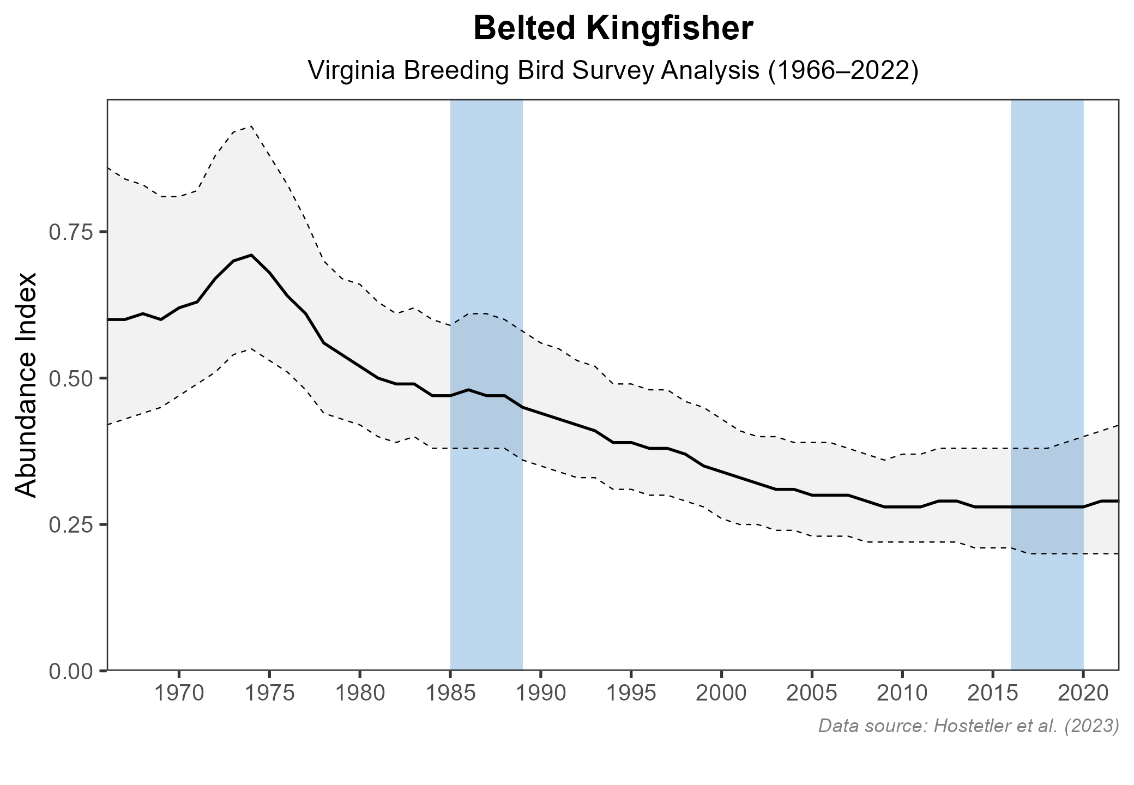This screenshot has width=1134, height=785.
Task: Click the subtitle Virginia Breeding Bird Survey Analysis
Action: pyautogui.click(x=613, y=71)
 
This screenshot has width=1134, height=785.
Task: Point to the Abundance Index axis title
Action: pyautogui.click(x=26, y=385)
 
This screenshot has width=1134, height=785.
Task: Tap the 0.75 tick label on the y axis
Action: pyautogui.click(x=70, y=232)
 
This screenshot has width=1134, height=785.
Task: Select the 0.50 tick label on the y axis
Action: pyautogui.click(x=70, y=378)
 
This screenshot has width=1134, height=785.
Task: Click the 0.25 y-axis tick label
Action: pyautogui.click(x=70, y=524)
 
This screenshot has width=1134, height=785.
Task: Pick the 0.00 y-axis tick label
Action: pyautogui.click(x=70, y=671)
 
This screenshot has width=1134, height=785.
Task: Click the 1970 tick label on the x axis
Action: pyautogui.click(x=179, y=694)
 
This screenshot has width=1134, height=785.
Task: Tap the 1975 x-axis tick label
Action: pyautogui.click(x=269, y=694)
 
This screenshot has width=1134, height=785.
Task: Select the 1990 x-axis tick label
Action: pyautogui.click(x=540, y=694)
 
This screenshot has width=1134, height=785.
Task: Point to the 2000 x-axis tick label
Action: pyautogui.click(x=721, y=694)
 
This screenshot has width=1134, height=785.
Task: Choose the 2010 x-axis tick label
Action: pyautogui.click(x=902, y=694)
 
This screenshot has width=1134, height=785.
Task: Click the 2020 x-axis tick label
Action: pyautogui.click(x=1083, y=694)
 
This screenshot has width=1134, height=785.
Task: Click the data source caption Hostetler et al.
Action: pyautogui.click(x=968, y=726)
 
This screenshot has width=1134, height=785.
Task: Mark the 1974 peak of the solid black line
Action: pyautogui.click(x=251, y=255)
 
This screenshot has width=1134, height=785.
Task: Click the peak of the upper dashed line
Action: pyautogui.click(x=251, y=126)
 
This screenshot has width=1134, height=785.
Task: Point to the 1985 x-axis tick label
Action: pyautogui.click(x=450, y=694)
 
